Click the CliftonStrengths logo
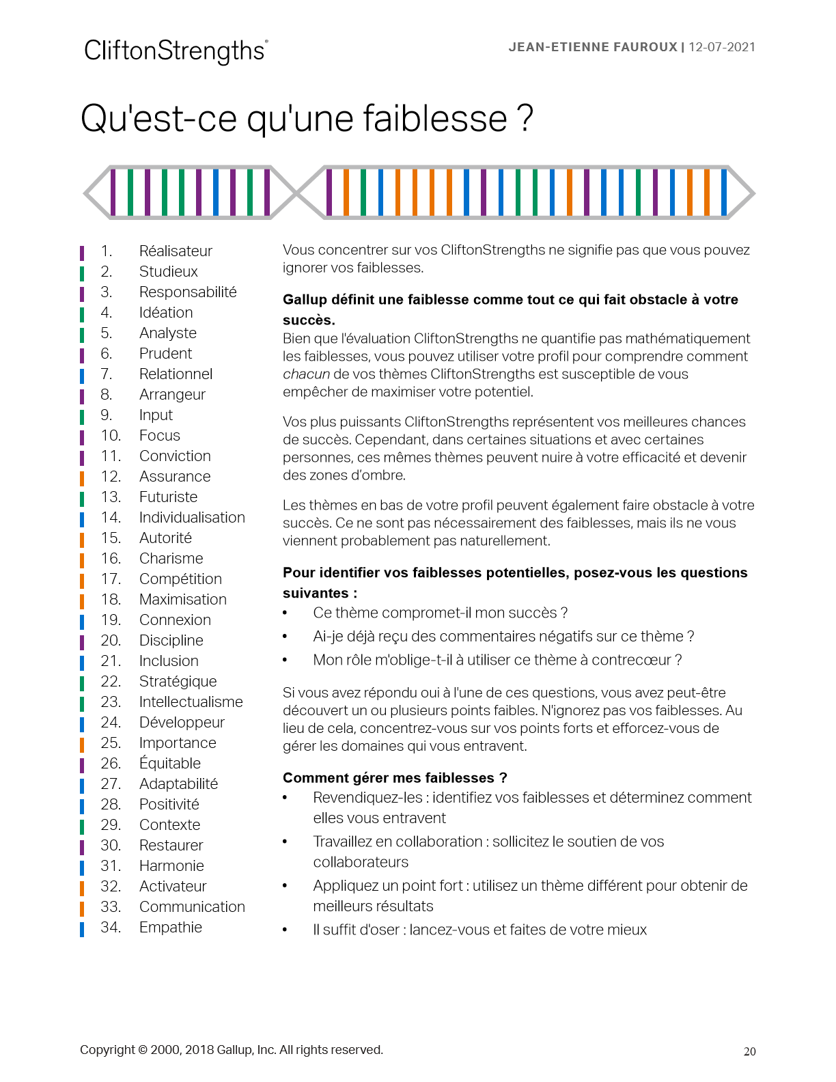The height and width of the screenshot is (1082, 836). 176,51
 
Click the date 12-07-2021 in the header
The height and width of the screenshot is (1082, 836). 722,47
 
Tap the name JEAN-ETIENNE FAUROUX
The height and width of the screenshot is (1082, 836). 592,47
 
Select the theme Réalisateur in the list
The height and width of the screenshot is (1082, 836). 176,251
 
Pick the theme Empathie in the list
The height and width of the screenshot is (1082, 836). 171,928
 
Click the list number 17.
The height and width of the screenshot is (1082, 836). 111,579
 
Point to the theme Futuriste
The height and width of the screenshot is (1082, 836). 168,497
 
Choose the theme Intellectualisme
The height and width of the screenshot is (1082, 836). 191,702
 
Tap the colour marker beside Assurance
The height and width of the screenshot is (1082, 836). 82,477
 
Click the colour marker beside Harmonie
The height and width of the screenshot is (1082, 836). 82,867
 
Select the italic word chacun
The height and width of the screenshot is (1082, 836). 306,374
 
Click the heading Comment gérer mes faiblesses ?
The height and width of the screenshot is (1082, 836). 395,778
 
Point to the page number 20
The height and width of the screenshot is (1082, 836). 749,1052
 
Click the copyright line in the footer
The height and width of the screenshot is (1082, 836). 231,1050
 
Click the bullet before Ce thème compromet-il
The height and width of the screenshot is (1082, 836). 285,613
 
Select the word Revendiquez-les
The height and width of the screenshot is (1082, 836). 367,798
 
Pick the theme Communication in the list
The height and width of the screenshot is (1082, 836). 192,907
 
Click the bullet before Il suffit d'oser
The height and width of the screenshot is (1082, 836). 285,930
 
